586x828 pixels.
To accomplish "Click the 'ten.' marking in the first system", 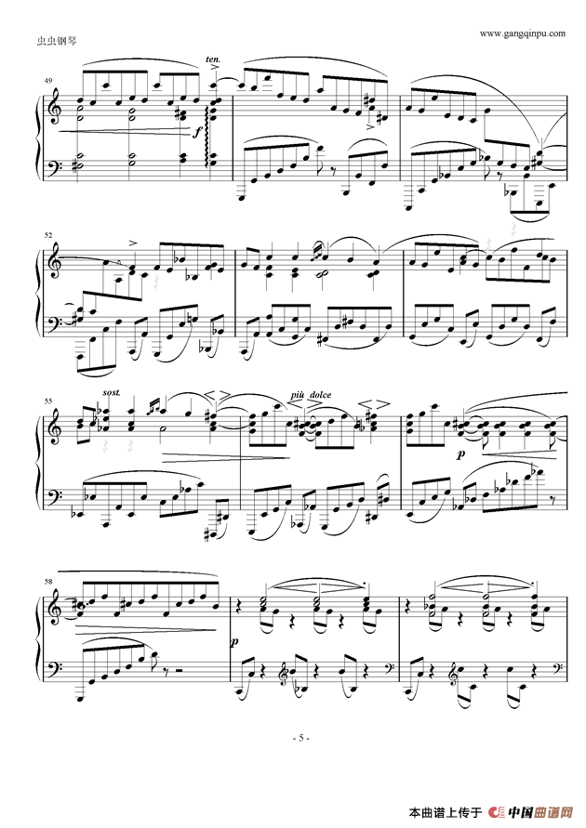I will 211,58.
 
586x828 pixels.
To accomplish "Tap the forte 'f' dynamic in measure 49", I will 196,132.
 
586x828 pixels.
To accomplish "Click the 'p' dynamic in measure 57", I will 461,455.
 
